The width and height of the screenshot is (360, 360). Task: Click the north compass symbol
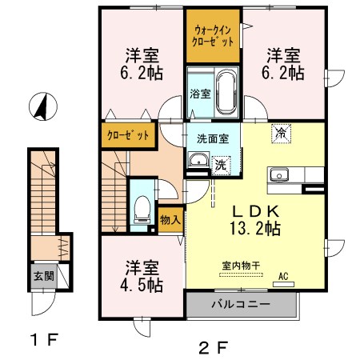(43, 106)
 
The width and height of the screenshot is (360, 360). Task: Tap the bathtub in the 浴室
(226, 92)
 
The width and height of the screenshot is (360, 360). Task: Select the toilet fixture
(142, 210)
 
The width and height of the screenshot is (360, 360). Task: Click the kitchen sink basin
(279, 175)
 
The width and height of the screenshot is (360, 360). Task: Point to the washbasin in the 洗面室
(198, 160)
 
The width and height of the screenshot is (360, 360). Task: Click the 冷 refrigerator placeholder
(281, 133)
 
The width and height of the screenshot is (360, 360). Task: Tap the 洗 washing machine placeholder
(221, 166)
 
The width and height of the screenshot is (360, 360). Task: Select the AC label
(283, 276)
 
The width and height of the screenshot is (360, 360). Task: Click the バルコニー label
(241, 304)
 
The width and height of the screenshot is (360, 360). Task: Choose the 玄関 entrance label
(43, 276)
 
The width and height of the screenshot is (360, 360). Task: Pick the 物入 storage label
(170, 220)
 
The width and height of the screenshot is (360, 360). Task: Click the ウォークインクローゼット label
(213, 36)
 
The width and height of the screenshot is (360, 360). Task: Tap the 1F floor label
(44, 339)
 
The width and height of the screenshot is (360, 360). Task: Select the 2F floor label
(214, 347)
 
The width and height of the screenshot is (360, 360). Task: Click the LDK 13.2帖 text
(255, 220)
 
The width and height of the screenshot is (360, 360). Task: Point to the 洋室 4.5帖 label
(142, 276)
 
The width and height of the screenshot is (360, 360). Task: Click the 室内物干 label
(241, 266)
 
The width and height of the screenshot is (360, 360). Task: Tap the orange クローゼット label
(128, 135)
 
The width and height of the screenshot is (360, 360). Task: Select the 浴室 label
(200, 94)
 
